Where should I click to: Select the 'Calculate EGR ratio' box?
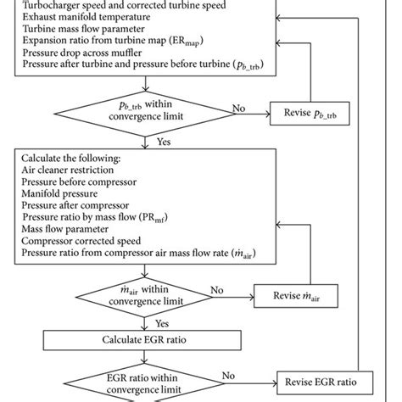(148, 339)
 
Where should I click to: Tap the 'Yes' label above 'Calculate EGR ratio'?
(161, 322)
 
